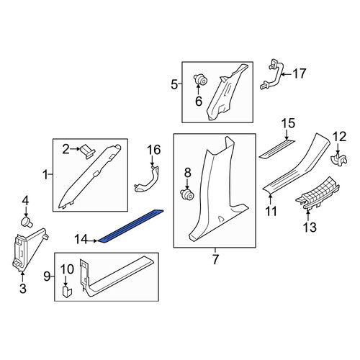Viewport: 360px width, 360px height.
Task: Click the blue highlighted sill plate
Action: coord(131,225)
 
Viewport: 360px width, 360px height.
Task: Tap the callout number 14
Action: coord(81,240)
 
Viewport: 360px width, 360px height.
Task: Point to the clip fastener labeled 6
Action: coord(200,81)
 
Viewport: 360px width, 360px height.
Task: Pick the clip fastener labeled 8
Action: coord(187,194)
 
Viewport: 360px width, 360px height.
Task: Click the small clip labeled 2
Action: coord(87,151)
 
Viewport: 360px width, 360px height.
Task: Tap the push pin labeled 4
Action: coord(27,221)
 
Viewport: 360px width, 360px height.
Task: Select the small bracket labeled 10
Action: coord(67,291)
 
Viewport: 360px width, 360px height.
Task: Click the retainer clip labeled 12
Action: coord(338,160)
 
